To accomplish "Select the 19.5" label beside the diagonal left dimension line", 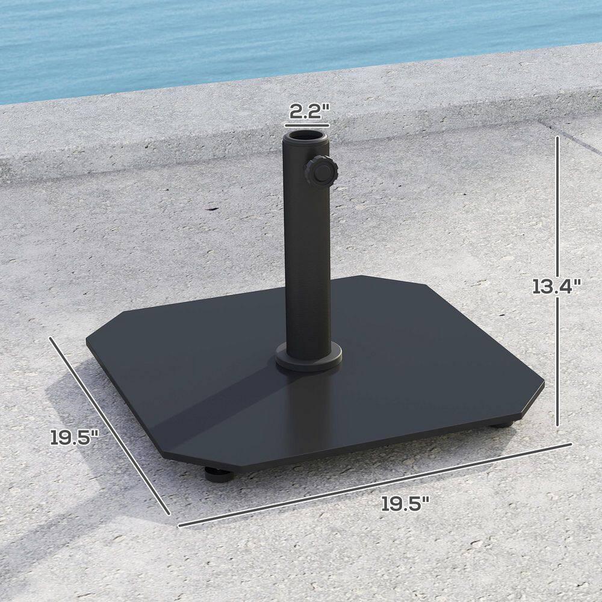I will (74, 436).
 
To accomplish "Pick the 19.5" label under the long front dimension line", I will (405, 503).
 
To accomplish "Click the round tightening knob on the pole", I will (320, 173).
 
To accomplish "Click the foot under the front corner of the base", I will (218, 475).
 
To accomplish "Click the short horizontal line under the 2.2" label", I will (308, 125).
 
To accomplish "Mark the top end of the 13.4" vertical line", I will (558, 137).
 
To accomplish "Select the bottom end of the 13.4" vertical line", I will (558, 425).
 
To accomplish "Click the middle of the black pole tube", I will (307, 253).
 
